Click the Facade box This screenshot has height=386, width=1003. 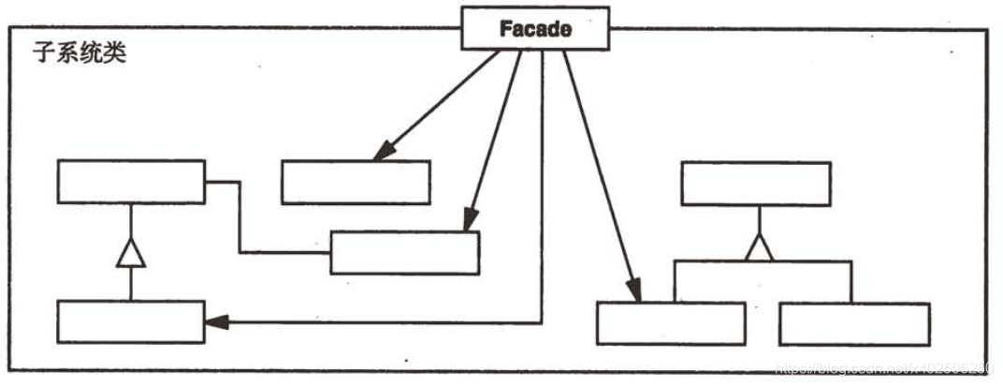[536, 29]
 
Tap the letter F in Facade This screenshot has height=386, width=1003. [505, 29]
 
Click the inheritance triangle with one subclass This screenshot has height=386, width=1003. [130, 253]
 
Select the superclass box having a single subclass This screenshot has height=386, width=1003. [130, 182]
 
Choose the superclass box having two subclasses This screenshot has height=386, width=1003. [756, 184]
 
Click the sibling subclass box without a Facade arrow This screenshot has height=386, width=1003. [854, 323]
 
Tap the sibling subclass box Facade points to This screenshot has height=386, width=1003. [671, 323]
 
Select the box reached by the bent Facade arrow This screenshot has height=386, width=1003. [130, 321]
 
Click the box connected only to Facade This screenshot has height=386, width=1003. [356, 182]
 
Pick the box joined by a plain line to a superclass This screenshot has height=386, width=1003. [404, 252]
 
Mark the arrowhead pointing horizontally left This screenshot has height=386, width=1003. [215, 322]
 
